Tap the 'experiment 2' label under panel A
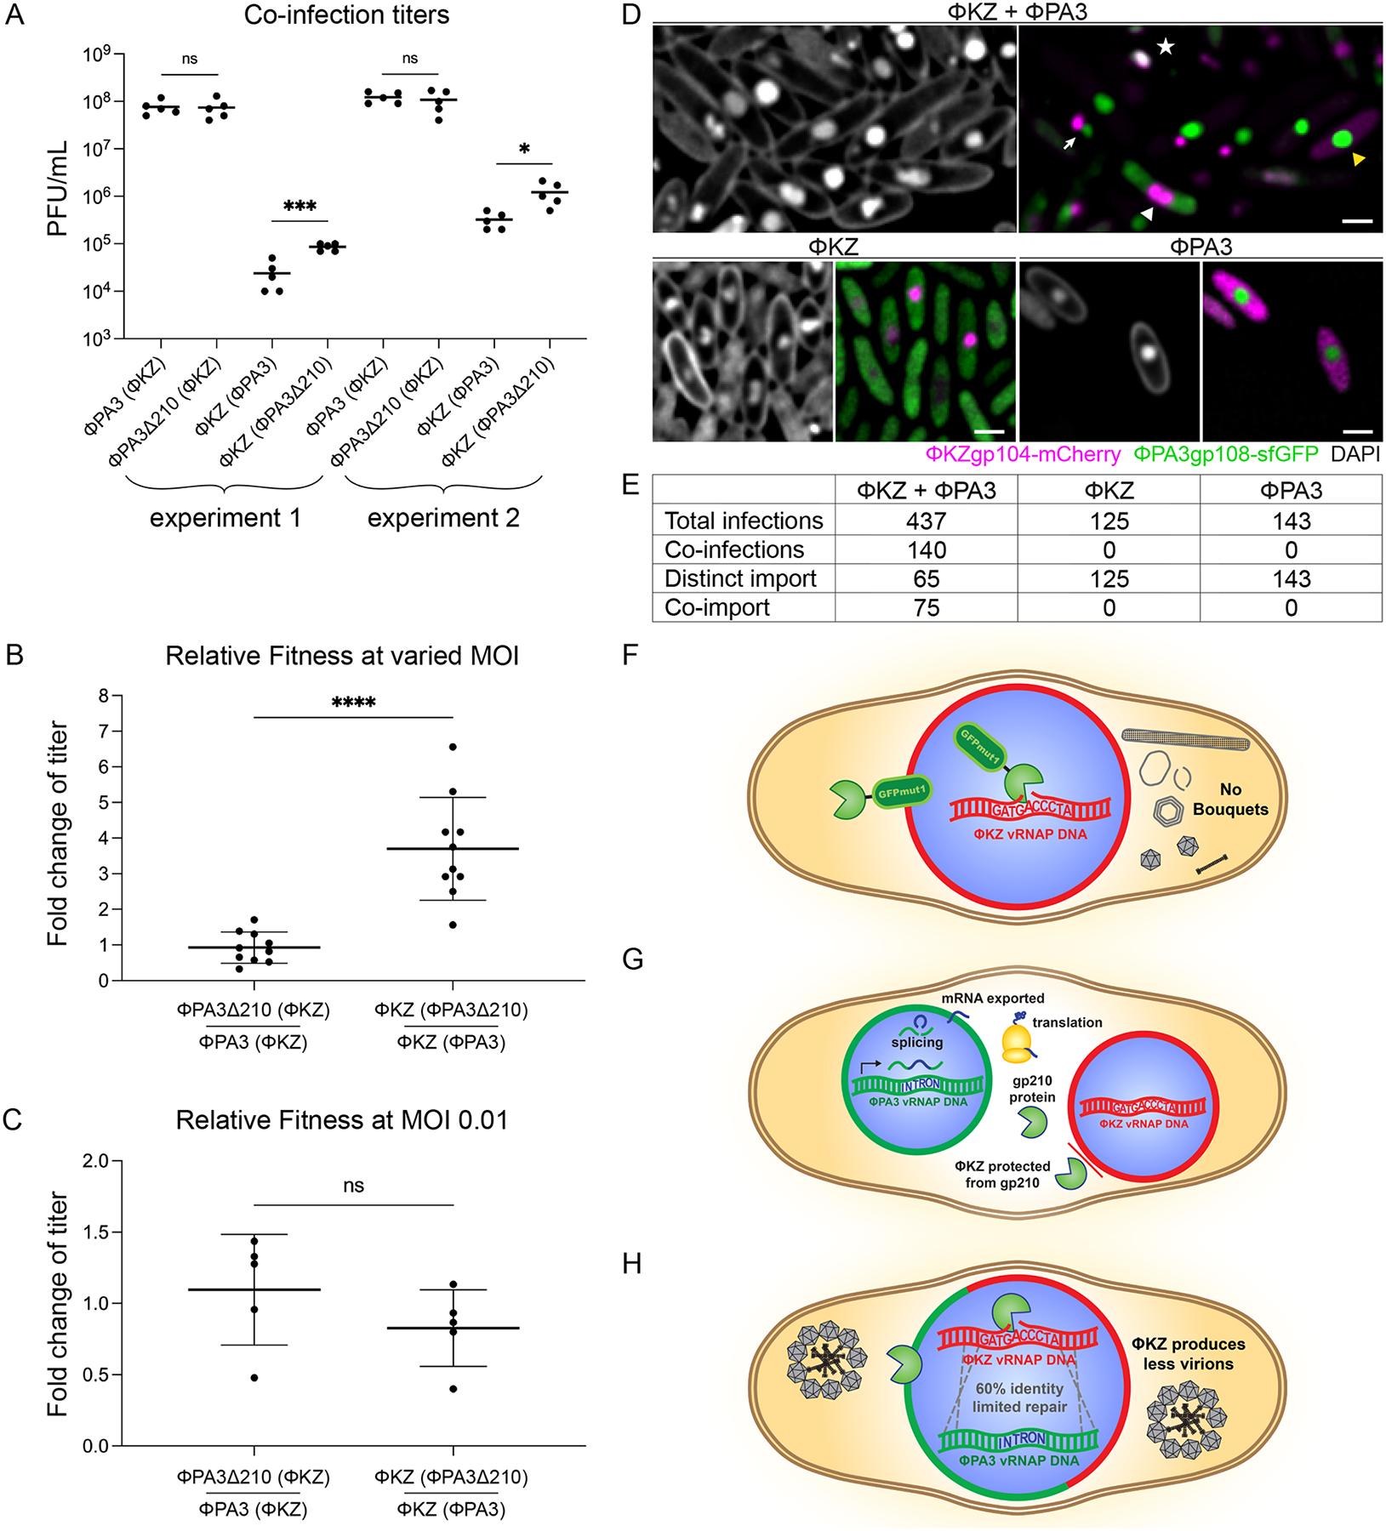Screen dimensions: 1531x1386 (x=442, y=517)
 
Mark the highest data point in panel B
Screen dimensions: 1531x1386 (x=453, y=747)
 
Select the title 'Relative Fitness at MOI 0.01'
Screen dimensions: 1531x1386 (x=342, y=1120)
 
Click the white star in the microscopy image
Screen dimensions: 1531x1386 (x=1166, y=48)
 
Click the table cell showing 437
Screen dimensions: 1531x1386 (x=926, y=521)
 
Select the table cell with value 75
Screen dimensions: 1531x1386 (x=926, y=608)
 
